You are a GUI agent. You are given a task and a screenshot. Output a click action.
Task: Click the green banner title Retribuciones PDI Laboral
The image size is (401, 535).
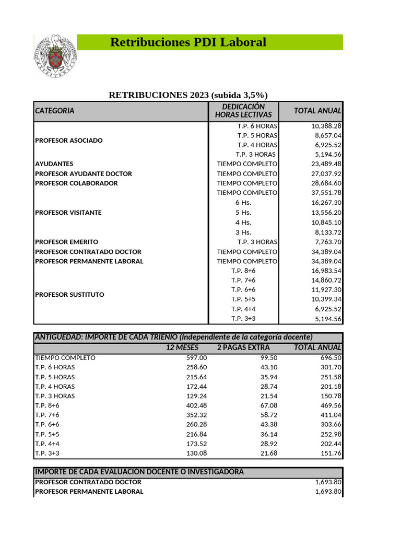point(188,42)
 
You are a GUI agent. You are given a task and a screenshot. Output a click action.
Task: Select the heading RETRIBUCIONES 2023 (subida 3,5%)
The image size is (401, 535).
point(188,95)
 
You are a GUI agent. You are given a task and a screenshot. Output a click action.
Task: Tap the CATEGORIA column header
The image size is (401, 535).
point(55,111)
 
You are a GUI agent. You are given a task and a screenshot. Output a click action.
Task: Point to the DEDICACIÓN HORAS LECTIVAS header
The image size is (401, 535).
point(243,111)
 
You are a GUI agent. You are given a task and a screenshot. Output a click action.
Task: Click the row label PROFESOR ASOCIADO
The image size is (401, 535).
point(69,141)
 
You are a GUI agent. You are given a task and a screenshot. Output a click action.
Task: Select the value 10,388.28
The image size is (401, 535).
point(326,126)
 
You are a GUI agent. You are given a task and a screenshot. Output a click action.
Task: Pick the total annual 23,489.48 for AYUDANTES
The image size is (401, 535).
point(326,164)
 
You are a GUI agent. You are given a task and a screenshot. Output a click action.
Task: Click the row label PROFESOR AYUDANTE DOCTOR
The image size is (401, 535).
point(84,173)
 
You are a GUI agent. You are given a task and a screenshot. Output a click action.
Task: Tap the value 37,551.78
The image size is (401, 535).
point(326,193)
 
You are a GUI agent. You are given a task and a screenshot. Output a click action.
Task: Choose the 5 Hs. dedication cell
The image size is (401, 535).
point(243,213)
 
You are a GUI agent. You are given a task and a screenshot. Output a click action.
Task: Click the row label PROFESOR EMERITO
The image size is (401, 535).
point(66,242)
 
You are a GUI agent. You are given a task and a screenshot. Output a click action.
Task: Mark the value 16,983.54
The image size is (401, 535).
point(326,271)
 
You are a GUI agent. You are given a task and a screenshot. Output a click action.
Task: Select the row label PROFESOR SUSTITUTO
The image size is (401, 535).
point(69,295)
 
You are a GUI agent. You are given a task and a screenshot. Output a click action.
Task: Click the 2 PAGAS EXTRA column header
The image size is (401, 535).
point(243,347)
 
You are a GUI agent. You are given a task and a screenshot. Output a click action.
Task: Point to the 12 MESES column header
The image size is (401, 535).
point(182,347)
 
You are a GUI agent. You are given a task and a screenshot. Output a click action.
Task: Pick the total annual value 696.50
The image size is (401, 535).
point(331,358)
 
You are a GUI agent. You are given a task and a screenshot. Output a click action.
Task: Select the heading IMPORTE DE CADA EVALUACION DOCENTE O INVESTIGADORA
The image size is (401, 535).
point(139,472)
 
